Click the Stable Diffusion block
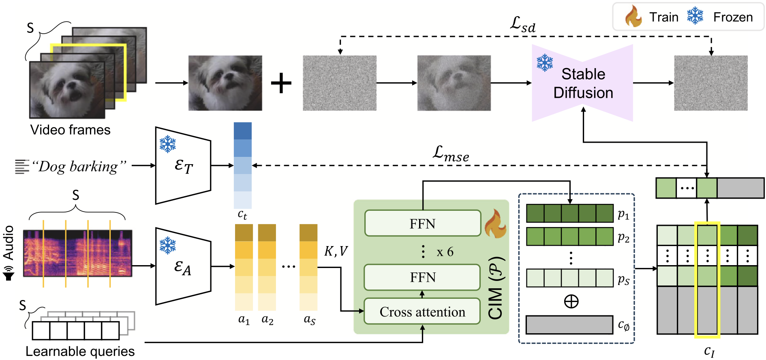[x=582, y=83]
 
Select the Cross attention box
[x=422, y=311]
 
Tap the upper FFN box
[x=422, y=223]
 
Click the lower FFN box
[x=422, y=277]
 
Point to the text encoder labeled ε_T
[x=183, y=165]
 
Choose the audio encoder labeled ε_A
[x=183, y=266]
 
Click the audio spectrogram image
[x=78, y=253]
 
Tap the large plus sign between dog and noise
[x=281, y=84]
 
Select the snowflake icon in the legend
[x=695, y=16]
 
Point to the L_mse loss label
[x=451, y=154]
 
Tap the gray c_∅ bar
[x=569, y=325]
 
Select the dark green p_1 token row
[x=570, y=213]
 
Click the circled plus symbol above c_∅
[x=571, y=301]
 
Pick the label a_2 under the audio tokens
[x=267, y=320]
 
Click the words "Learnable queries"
[x=80, y=351]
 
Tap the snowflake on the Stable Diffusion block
[x=545, y=63]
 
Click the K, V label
[x=336, y=252]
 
